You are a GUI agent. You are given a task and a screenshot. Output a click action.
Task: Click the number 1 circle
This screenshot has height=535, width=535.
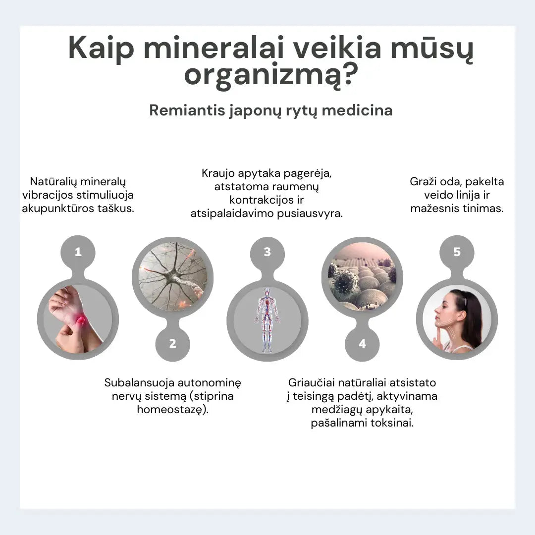tap(78, 252)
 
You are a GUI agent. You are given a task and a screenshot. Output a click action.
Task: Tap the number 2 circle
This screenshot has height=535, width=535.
tap(172, 343)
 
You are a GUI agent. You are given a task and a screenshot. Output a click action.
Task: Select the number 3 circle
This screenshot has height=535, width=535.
tap(267, 252)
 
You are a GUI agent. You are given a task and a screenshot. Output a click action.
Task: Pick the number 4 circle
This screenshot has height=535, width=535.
tap(362, 343)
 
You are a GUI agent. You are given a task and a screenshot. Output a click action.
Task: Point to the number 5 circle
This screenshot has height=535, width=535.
tap(457, 252)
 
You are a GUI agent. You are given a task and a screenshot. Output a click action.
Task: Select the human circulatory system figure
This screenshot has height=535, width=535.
tap(267, 320)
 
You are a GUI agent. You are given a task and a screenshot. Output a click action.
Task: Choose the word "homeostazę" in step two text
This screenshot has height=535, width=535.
tap(170, 410)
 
